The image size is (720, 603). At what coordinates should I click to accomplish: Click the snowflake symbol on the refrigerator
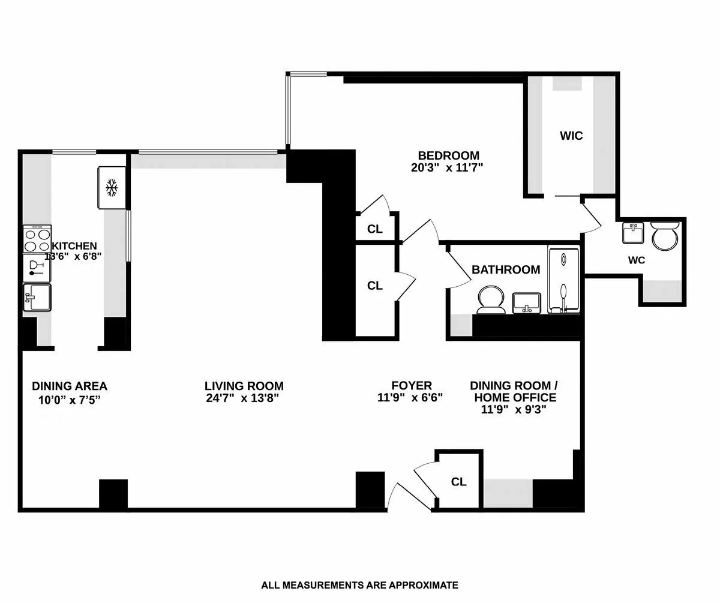[x=111, y=188]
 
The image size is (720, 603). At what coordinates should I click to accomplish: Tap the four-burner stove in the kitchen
[x=37, y=239]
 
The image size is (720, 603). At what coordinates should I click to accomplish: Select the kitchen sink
[x=37, y=298]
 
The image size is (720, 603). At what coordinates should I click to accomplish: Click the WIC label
[x=571, y=136]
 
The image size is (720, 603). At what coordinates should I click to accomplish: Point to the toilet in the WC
[x=665, y=236]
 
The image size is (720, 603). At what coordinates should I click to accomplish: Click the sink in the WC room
[x=633, y=233]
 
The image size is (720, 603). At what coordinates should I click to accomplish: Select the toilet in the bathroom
[x=492, y=299]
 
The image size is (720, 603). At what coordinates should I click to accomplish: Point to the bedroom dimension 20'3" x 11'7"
[x=447, y=169]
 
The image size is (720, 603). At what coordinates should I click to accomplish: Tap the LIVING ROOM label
[x=244, y=386]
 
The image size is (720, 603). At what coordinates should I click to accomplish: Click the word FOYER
[x=411, y=385]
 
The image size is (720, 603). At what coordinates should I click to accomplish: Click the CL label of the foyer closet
[x=458, y=482]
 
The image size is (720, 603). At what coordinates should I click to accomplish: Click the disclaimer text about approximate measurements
[x=359, y=584]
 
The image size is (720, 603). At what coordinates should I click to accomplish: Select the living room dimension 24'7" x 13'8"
[x=241, y=398]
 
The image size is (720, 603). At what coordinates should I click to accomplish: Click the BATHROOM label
[x=505, y=270]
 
